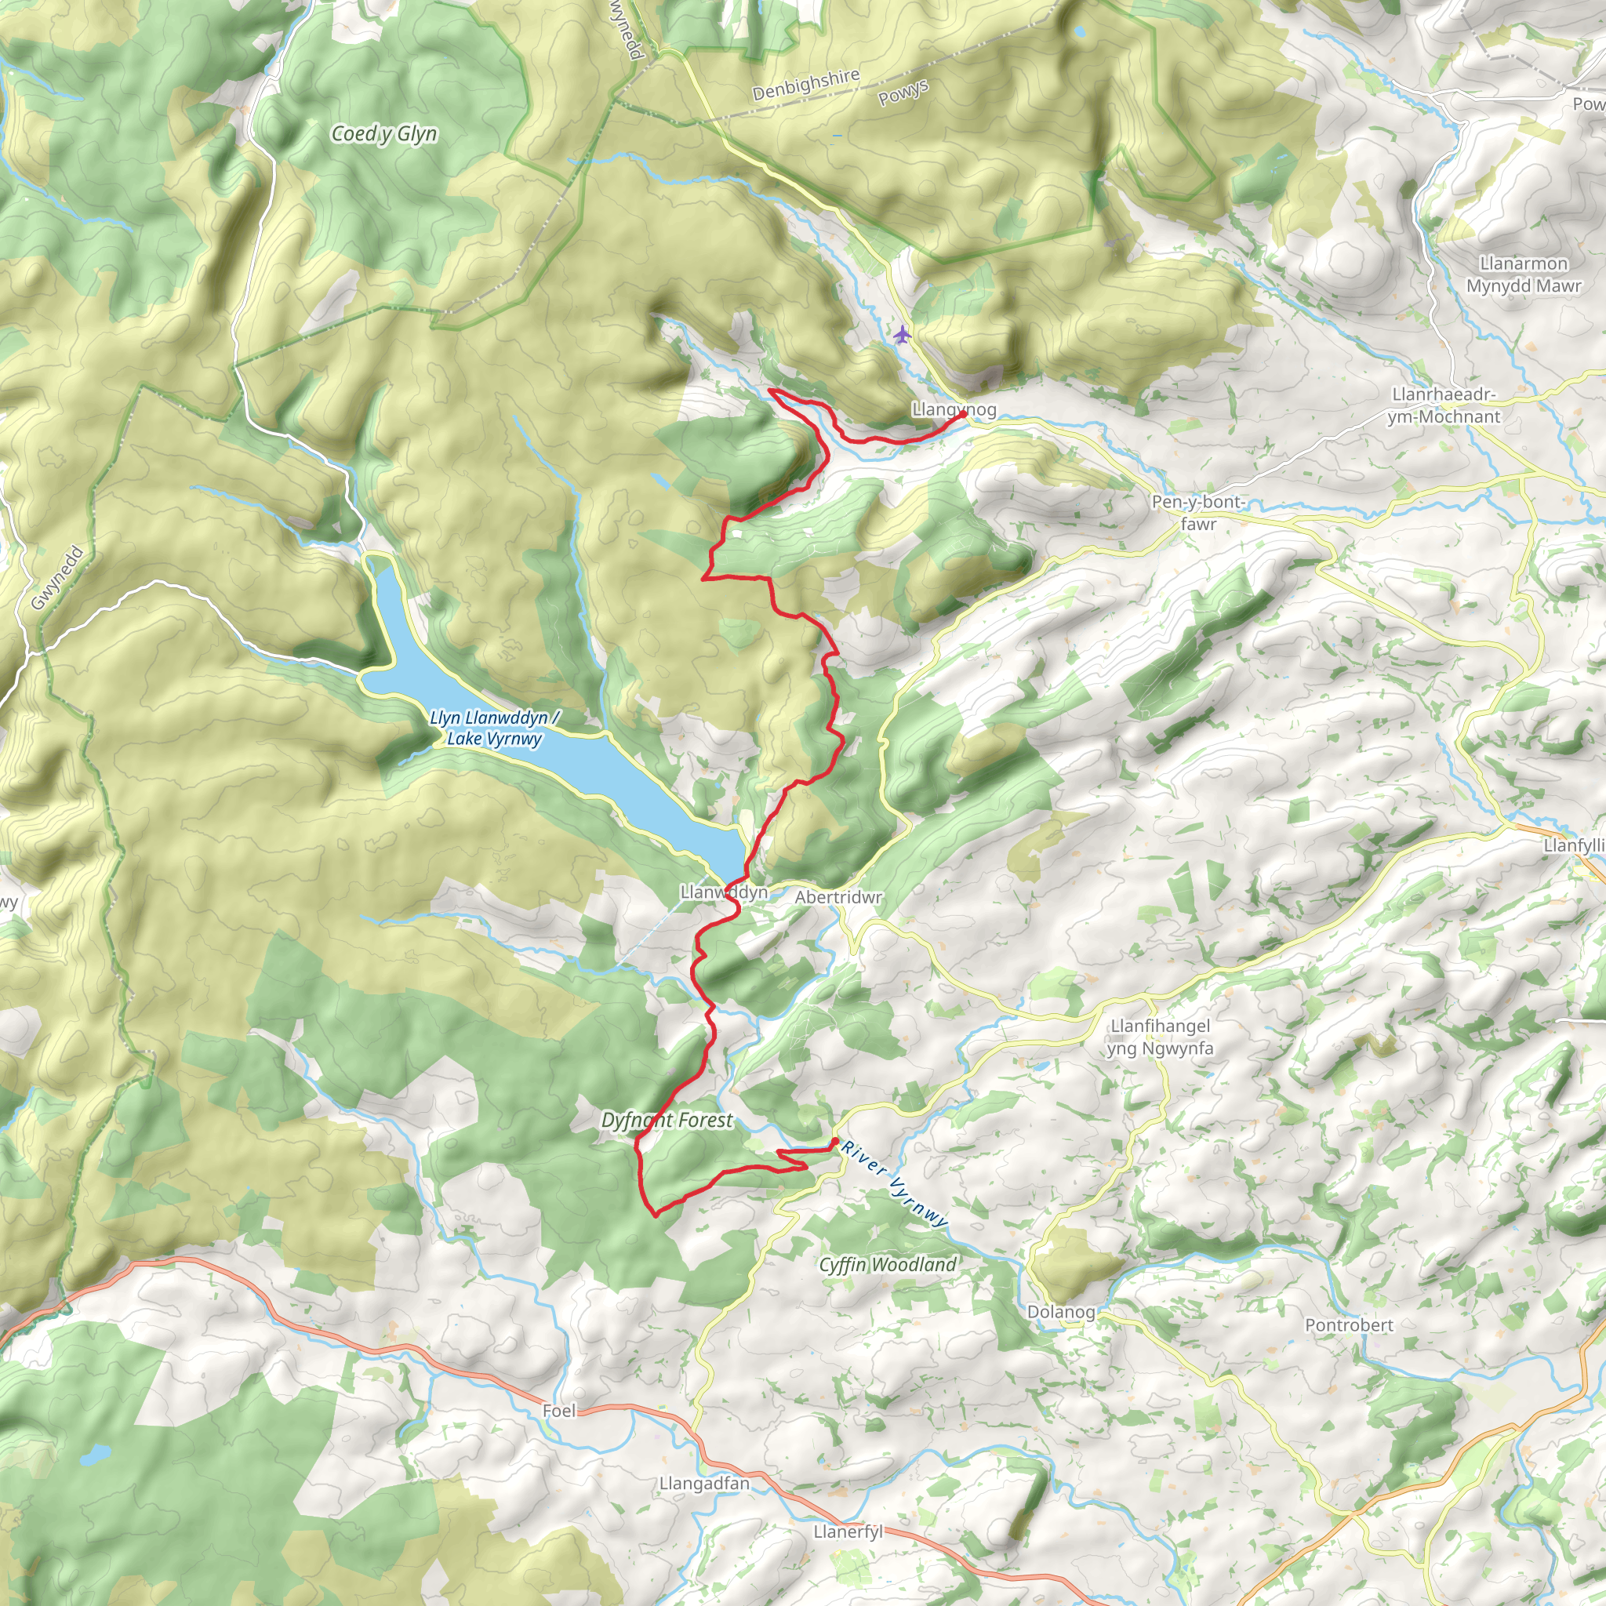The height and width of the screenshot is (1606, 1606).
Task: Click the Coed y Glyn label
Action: coord(383,134)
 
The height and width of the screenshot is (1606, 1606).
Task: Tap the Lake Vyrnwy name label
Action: coord(495,729)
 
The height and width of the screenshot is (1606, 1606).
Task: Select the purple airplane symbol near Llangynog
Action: coord(903,335)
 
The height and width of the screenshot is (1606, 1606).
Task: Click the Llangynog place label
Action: coord(954,409)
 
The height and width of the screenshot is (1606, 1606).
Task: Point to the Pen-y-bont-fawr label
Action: coord(1198,513)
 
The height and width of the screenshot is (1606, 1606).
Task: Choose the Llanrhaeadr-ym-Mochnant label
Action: coord(1444,405)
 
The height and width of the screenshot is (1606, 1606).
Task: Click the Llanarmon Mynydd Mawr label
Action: coord(1524,274)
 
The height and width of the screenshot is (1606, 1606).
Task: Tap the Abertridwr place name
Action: coord(838,898)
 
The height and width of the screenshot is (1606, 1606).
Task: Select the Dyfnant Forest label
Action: coord(667,1121)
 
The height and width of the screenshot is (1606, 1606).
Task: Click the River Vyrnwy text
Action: coord(894,1186)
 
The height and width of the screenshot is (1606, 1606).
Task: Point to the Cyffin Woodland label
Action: coord(888,1265)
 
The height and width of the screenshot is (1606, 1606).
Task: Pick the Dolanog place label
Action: coord(1061,1313)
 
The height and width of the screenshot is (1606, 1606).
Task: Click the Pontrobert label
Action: coord(1348,1325)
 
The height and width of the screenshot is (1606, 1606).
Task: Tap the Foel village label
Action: coord(558,1411)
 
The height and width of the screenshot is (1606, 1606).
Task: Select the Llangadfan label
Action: coord(704,1483)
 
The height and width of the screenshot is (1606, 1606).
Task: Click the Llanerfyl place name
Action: coord(848,1532)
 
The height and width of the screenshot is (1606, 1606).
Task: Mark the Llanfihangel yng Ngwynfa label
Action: coord(1160,1037)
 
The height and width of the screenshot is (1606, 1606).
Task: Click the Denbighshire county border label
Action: coord(805,85)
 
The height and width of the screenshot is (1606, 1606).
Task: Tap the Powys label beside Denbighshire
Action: coord(903,93)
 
